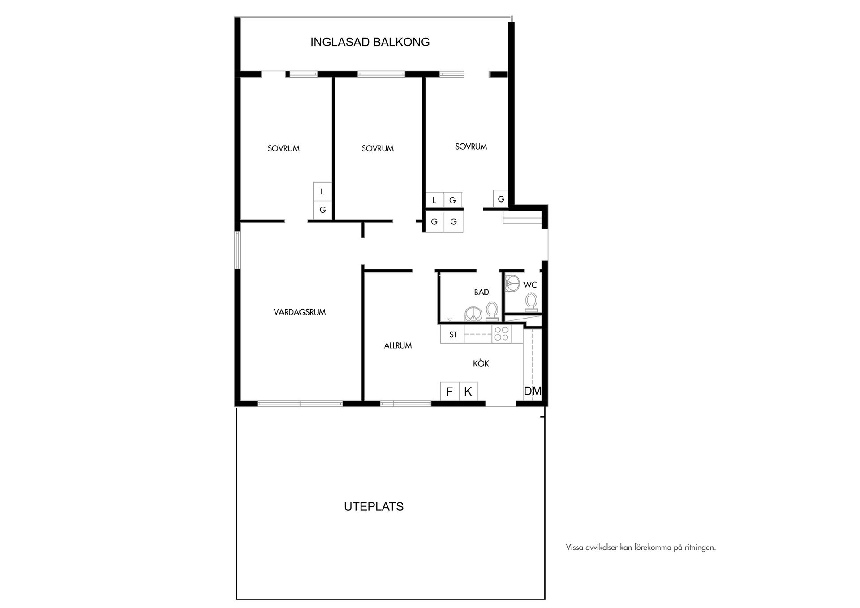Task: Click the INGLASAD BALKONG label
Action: pyautogui.click(x=370, y=42)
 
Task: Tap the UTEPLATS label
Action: pyautogui.click(x=374, y=506)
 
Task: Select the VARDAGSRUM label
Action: pyautogui.click(x=300, y=312)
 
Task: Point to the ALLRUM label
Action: pyautogui.click(x=398, y=345)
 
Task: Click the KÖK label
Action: pyautogui.click(x=481, y=363)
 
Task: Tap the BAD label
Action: pyautogui.click(x=482, y=292)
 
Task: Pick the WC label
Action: pyautogui.click(x=530, y=285)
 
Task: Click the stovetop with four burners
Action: pyautogui.click(x=501, y=334)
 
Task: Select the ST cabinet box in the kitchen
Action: pyautogui.click(x=452, y=334)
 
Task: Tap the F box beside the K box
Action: pyautogui.click(x=449, y=391)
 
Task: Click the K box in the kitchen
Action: pyautogui.click(x=468, y=391)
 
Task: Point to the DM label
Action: pyautogui.click(x=533, y=391)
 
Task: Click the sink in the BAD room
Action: pyautogui.click(x=472, y=314)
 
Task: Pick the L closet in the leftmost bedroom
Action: pyautogui.click(x=322, y=191)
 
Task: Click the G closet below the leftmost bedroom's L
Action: pyautogui.click(x=322, y=210)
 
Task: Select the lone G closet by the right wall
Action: pyautogui.click(x=501, y=199)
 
